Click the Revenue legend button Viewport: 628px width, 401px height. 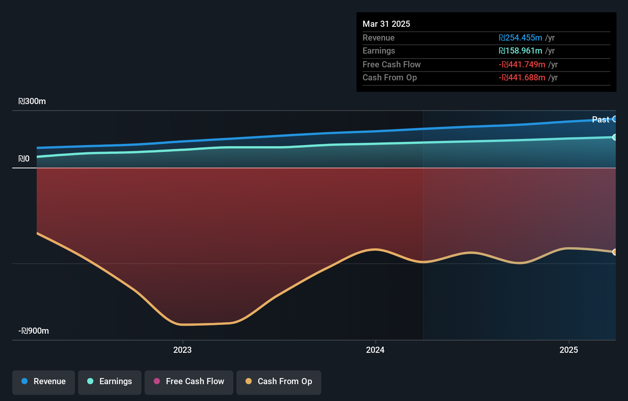pyautogui.click(x=44, y=382)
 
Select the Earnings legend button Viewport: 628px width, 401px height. pyautogui.click(x=110, y=382)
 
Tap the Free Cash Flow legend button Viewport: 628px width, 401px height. pyautogui.click(x=189, y=382)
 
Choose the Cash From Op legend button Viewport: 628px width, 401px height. pyautogui.click(x=279, y=382)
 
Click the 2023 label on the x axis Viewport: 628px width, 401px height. pyautogui.click(x=182, y=350)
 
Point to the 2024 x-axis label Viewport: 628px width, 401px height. pyautogui.click(x=375, y=350)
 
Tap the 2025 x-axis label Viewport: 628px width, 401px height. pyautogui.click(x=569, y=350)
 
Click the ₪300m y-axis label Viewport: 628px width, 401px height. pyautogui.click(x=32, y=101)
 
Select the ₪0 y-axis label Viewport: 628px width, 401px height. pyautogui.click(x=24, y=159)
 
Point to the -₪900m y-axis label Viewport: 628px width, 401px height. pyautogui.click(x=34, y=331)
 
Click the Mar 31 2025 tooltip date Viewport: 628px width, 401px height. pyautogui.click(x=386, y=24)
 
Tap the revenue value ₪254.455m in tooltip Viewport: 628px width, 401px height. pyautogui.click(x=520, y=38)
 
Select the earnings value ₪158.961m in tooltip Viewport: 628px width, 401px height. pyautogui.click(x=520, y=51)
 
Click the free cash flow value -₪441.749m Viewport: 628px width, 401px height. pyautogui.click(x=522, y=65)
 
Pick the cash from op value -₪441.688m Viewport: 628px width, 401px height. pyautogui.click(x=522, y=78)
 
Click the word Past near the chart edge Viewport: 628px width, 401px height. pyautogui.click(x=600, y=120)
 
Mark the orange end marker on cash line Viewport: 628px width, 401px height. pyautogui.click(x=615, y=252)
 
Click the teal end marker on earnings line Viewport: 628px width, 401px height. pyautogui.click(x=615, y=137)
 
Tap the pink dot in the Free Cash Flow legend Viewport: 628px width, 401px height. pyautogui.click(x=157, y=381)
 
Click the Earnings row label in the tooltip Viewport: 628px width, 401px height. pyautogui.click(x=379, y=51)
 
